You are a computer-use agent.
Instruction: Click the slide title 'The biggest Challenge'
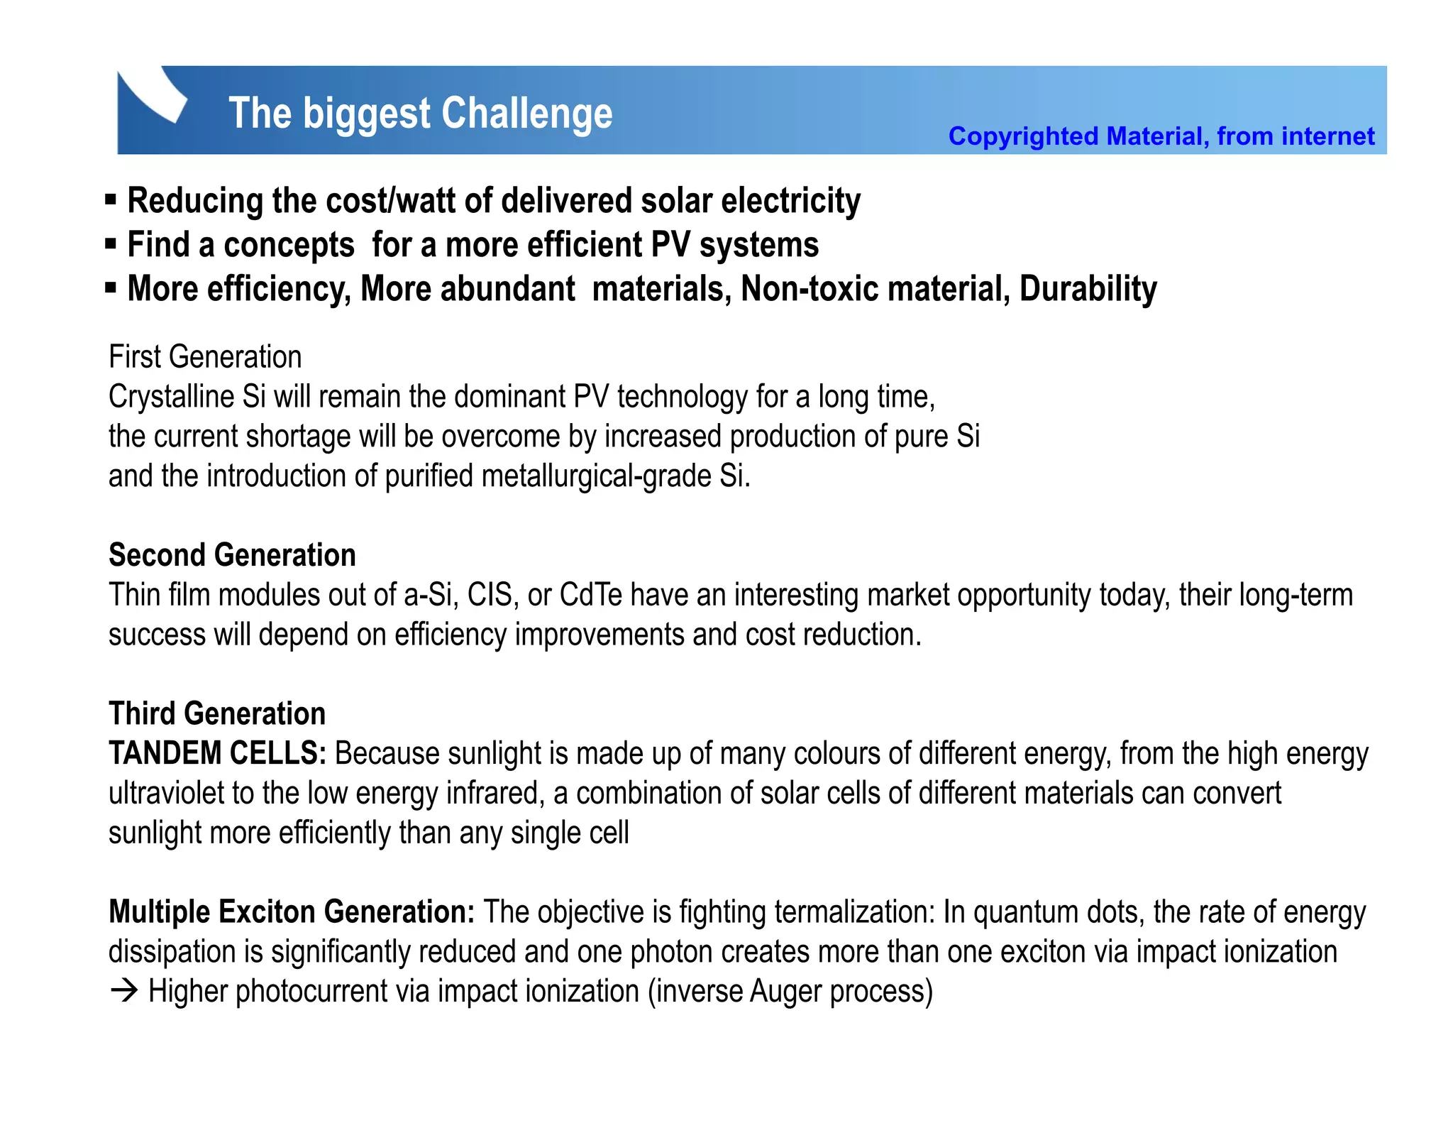(420, 114)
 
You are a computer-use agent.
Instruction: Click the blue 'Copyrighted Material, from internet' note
(1161, 136)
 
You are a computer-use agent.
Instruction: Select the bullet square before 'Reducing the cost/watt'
(111, 200)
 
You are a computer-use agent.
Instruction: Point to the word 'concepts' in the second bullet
(289, 246)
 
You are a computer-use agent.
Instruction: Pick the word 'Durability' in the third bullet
(1088, 289)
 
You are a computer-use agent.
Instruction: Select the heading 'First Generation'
(205, 356)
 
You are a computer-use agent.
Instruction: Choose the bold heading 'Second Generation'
(232, 555)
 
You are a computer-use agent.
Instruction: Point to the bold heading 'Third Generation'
(217, 713)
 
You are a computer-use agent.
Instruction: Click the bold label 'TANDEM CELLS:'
(217, 753)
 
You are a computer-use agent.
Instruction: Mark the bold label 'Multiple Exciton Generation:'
(292, 912)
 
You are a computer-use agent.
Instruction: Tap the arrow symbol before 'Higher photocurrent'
(124, 992)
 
